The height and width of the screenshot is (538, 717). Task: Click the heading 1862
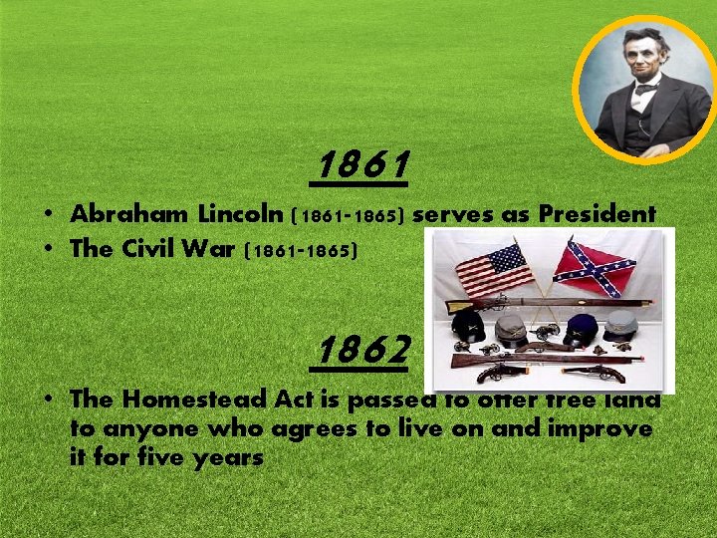[x=363, y=350]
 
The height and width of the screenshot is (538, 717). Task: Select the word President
[x=597, y=214]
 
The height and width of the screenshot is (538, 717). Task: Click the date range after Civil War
[x=300, y=250]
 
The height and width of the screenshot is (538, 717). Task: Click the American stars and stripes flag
[x=494, y=269]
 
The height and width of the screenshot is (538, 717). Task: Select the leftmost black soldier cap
[x=468, y=325]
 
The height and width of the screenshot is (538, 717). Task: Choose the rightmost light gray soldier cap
[x=621, y=324]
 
